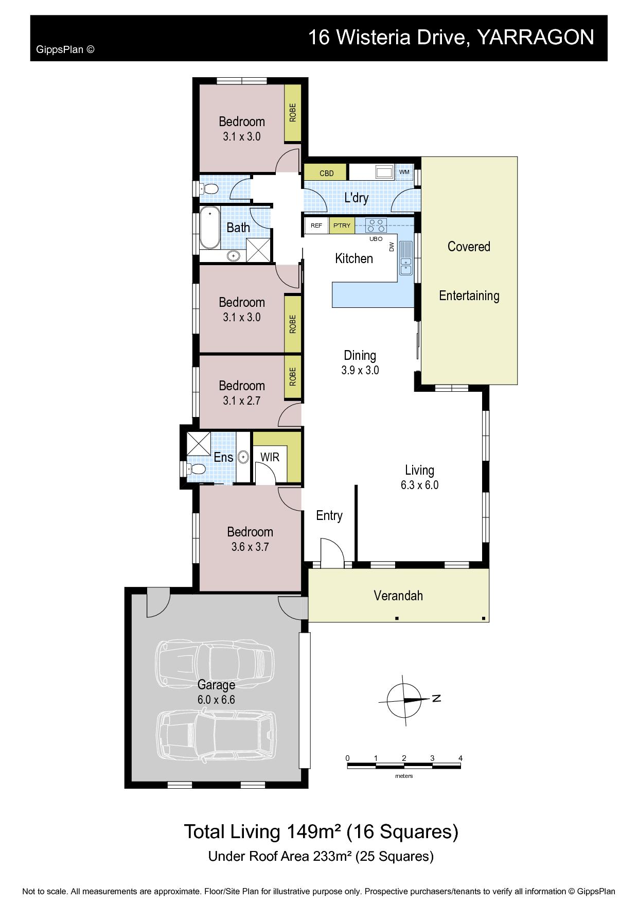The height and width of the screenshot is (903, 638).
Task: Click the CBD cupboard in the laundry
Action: [x=326, y=173]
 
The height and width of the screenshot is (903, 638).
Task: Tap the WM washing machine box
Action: [x=404, y=172]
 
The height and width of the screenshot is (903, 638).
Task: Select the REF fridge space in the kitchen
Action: [x=316, y=225]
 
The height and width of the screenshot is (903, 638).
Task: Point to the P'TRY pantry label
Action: [x=342, y=225]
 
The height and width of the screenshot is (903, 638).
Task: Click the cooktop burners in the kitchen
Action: [x=376, y=225]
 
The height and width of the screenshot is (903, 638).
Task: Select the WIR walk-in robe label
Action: [x=270, y=457]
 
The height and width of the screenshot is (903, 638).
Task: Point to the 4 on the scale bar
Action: [x=460, y=758]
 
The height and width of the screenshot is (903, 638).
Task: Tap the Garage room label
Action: [x=216, y=685]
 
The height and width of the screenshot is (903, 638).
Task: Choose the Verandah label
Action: [x=398, y=596]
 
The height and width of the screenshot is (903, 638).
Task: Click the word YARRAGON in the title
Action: [x=536, y=37]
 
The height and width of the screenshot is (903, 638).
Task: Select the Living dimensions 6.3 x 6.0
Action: [x=419, y=485]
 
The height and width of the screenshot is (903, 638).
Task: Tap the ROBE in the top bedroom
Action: [x=293, y=113]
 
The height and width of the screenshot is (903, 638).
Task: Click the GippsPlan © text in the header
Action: [x=65, y=50]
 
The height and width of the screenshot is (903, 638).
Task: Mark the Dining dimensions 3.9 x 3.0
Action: [x=360, y=370]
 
